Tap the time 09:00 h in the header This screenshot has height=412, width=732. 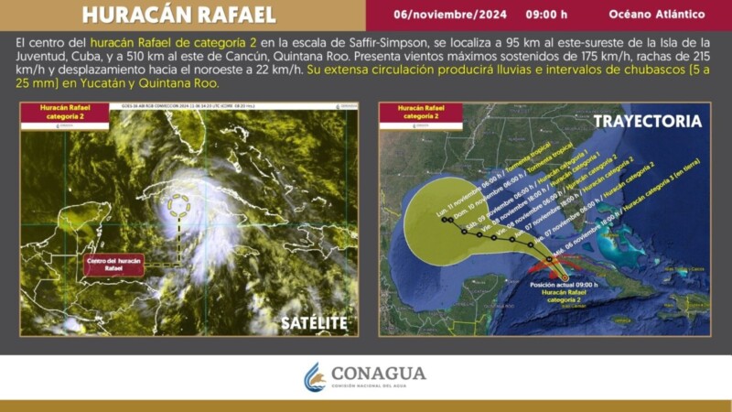(545, 15)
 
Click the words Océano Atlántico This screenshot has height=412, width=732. (656, 15)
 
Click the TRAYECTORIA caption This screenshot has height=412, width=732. (647, 121)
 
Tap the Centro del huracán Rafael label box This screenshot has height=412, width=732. (113, 265)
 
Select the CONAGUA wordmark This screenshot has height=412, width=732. (379, 374)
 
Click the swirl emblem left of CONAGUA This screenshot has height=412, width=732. (315, 376)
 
